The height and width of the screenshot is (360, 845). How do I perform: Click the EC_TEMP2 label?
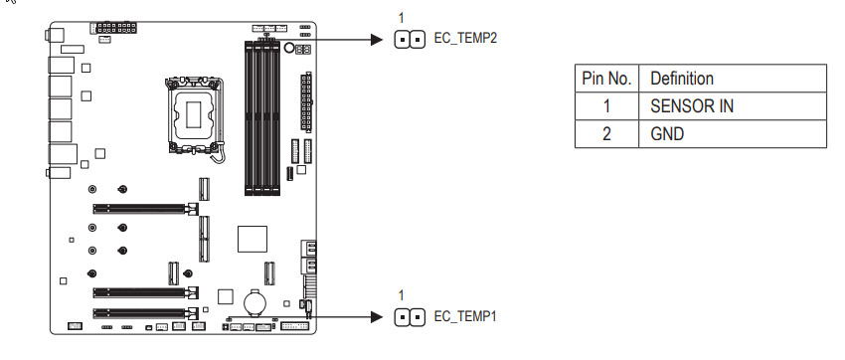click(x=465, y=39)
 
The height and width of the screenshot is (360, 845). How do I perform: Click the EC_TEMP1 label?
click(x=465, y=316)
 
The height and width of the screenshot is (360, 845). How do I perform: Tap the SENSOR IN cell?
click(x=692, y=106)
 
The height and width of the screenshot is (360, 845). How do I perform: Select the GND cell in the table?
click(x=667, y=133)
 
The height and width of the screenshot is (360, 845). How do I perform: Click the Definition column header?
click(x=682, y=79)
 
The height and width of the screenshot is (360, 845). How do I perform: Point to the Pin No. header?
click(x=606, y=79)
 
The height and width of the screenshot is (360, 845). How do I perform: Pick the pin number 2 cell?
click(x=606, y=133)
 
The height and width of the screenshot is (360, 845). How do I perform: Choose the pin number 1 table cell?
click(x=606, y=106)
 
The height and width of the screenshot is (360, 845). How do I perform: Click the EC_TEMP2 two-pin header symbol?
click(x=410, y=40)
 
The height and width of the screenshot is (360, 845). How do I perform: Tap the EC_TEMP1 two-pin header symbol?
click(x=410, y=317)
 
